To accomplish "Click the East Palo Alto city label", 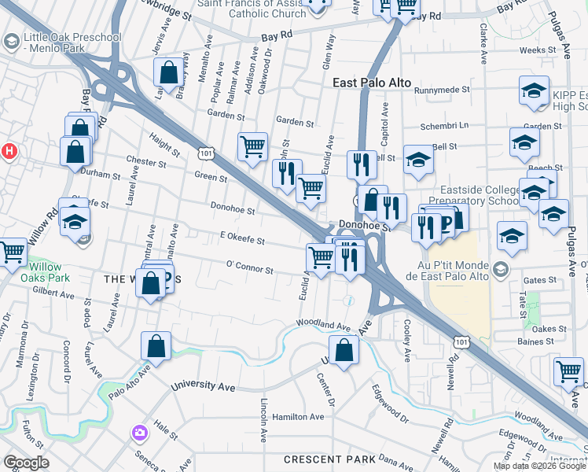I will [x=372, y=83].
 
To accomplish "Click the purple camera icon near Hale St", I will [x=140, y=432].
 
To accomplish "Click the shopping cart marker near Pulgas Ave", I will [x=568, y=371].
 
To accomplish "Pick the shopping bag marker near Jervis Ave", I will [x=169, y=73].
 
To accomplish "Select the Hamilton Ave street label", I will [x=298, y=417].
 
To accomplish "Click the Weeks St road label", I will [x=538, y=50].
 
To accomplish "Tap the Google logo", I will [x=27, y=462].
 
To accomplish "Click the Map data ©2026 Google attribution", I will [x=538, y=466].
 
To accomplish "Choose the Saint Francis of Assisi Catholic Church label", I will [x=252, y=8].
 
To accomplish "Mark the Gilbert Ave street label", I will [x=53, y=296].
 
